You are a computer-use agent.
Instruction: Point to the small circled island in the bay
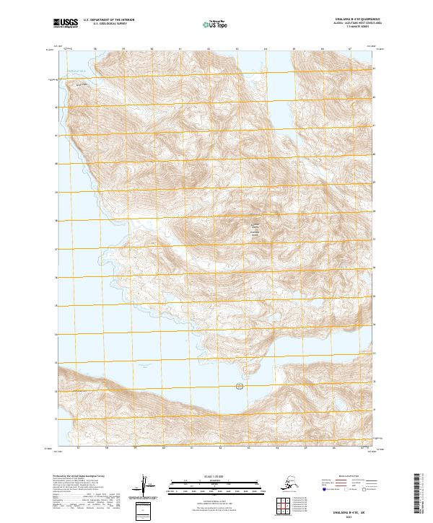point(240,386)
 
